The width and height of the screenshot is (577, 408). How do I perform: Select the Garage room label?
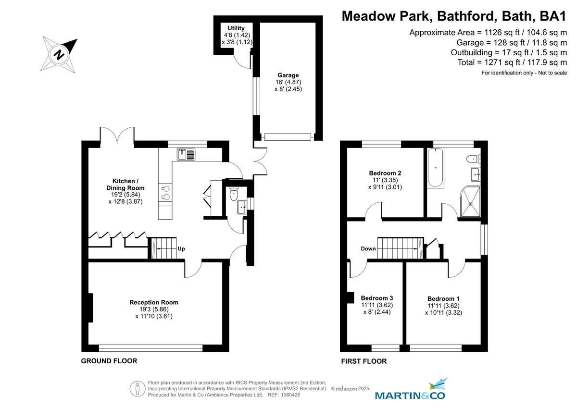point(288,75)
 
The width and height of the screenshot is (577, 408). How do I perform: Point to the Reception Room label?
point(154,302)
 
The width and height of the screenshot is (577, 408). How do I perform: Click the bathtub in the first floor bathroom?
point(436,168)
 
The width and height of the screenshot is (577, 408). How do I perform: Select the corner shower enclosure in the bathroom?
point(471,201)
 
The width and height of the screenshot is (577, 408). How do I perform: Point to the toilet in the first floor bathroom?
point(473,158)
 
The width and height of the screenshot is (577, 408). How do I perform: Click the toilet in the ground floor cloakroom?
point(234,195)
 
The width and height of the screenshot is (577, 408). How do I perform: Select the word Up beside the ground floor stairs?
point(181,249)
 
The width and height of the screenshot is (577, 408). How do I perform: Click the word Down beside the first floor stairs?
point(368,249)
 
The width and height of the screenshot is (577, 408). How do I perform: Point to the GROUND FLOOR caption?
point(109,361)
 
